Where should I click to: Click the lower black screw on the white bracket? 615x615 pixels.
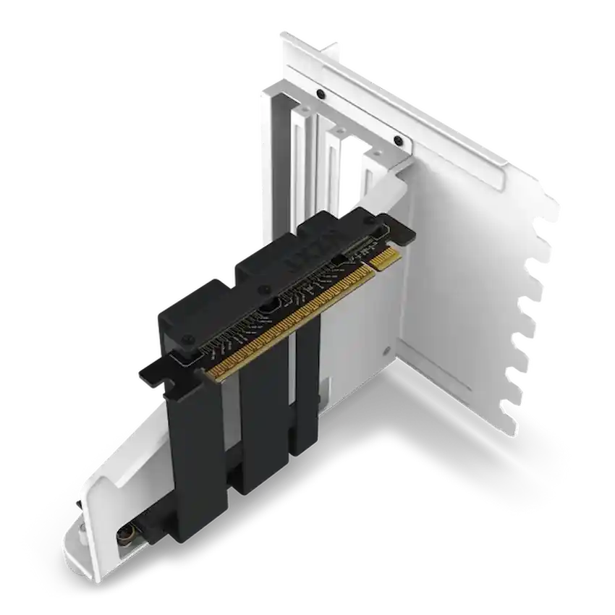pos(397,140)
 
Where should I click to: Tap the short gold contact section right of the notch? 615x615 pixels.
pos(383,258)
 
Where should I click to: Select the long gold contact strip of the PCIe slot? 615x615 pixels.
pos(289,321)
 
